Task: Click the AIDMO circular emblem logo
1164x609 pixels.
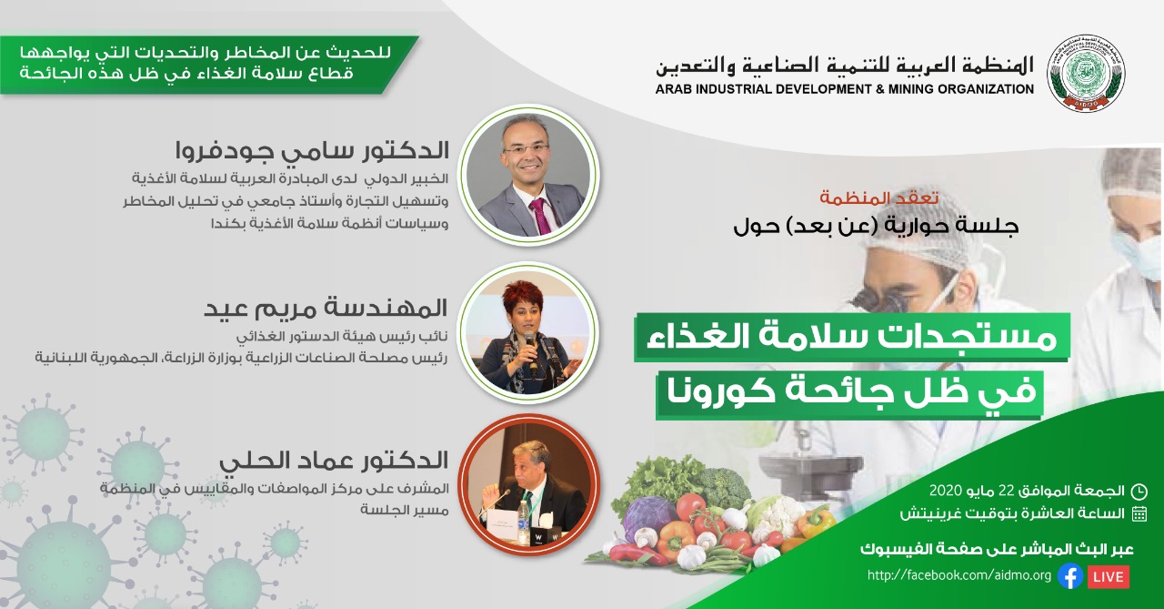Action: [x=1086, y=72]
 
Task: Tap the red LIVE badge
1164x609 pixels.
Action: [x=1108, y=577]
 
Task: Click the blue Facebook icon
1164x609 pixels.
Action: [x=1070, y=576]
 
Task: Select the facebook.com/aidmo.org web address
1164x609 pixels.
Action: [x=959, y=575]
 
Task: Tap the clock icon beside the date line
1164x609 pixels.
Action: [x=1139, y=491]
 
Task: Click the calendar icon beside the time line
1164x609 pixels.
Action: [x=1139, y=513]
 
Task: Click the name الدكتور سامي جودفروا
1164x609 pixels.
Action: [x=312, y=151]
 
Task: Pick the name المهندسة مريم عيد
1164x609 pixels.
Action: [x=326, y=308]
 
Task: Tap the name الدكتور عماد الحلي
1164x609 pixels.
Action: [x=334, y=461]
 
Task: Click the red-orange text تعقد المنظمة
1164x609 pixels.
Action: [x=879, y=198]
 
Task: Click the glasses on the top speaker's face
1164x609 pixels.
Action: [x=526, y=149]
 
